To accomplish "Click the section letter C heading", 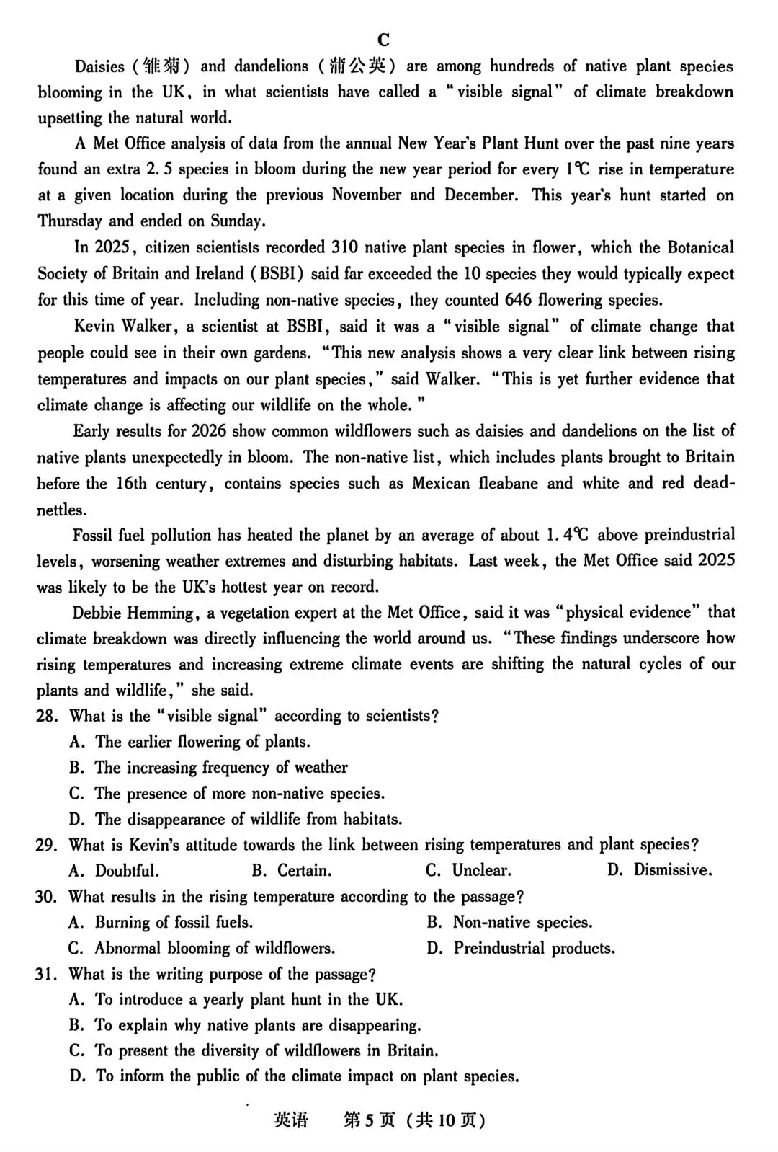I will pos(383,40).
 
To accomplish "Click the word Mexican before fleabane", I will pos(442,483).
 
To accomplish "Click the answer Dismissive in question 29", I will pos(672,870).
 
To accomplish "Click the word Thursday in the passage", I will pos(70,221).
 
